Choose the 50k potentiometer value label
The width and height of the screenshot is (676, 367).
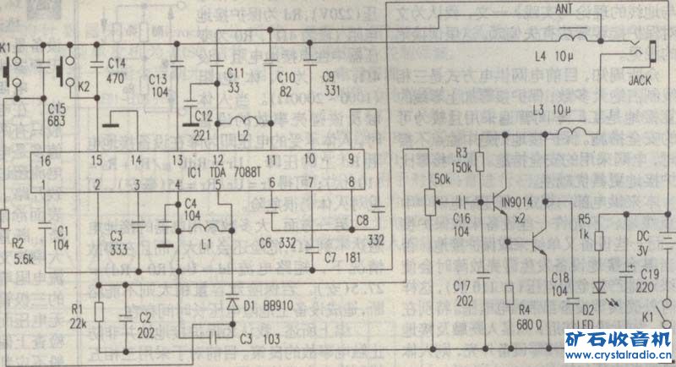440,181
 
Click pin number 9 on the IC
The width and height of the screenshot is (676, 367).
350,159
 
